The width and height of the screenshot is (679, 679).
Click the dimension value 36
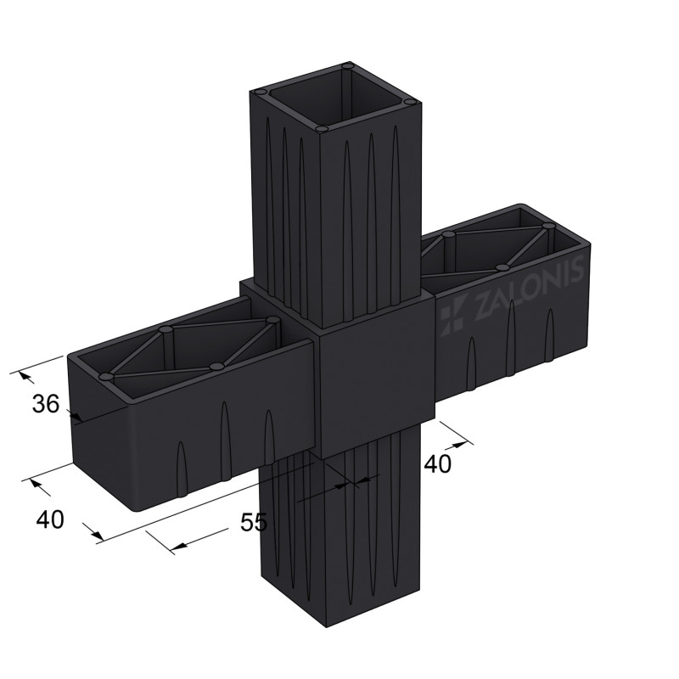click(x=46, y=405)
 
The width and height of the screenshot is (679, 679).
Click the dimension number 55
click(x=254, y=523)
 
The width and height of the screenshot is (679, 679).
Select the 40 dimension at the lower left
click(x=50, y=519)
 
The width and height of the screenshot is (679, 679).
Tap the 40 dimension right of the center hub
click(x=437, y=463)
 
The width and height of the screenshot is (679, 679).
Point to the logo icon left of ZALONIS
click(x=452, y=315)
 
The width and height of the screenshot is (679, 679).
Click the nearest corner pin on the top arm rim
click(x=321, y=128)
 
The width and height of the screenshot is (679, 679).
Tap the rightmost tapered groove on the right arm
click(x=549, y=331)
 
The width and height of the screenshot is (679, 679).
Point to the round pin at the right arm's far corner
click(x=548, y=227)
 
